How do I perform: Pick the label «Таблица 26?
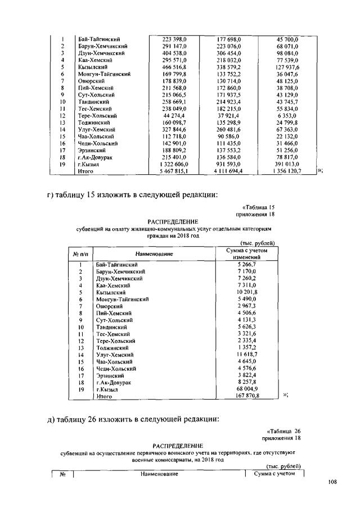pyautogui.click(x=281, y=430)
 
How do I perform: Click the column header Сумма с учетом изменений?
pyautogui.click(x=246, y=253)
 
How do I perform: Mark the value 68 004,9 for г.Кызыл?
pyautogui.click(x=246, y=389)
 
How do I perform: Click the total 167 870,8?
pyautogui.click(x=246, y=396)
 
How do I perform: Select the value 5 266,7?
pyautogui.click(x=246, y=264)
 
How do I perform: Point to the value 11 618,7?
pyautogui.click(x=246, y=355)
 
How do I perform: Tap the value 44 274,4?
pyautogui.click(x=172, y=115)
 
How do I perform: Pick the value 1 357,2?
pyautogui.click(x=246, y=348)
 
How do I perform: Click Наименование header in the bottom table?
pyautogui.click(x=159, y=474)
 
